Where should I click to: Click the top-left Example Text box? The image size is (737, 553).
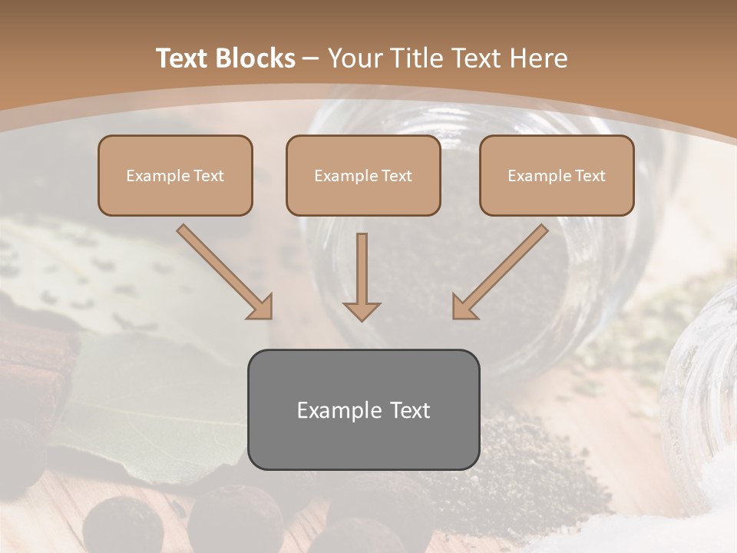(x=175, y=175)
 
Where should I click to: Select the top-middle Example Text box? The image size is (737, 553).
(x=363, y=175)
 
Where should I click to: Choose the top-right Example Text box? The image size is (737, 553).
(x=557, y=175)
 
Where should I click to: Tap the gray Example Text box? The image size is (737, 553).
(x=363, y=409)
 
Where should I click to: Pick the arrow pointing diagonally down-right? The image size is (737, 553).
(x=223, y=270)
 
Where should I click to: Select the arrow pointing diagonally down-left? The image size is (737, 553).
(x=501, y=270)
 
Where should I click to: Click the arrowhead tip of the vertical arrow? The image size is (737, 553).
(x=362, y=319)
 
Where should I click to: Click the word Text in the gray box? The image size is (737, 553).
(x=411, y=410)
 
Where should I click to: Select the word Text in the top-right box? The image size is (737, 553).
(x=590, y=176)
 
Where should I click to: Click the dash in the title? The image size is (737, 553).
(x=312, y=58)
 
